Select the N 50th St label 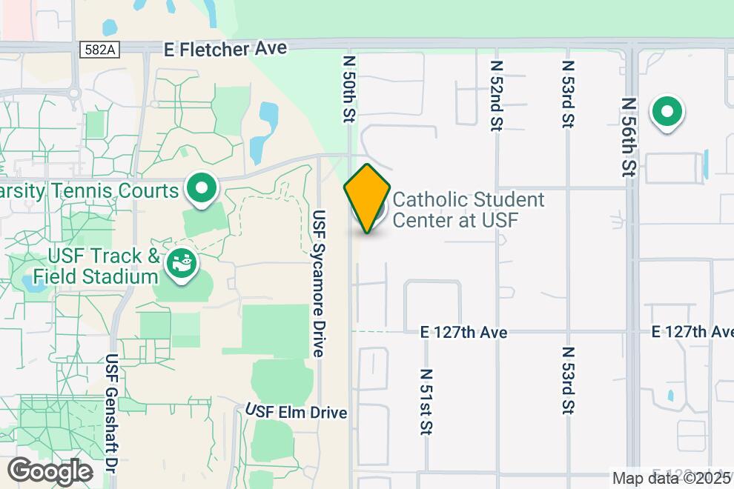pyautogui.click(x=350, y=87)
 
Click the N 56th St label pyautogui.click(x=629, y=138)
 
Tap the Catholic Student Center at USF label pyautogui.click(x=468, y=210)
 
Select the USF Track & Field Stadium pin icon pyautogui.click(x=179, y=264)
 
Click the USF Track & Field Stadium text pyautogui.click(x=103, y=267)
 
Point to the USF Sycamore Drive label pyautogui.click(x=319, y=284)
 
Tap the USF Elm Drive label pyautogui.click(x=297, y=412)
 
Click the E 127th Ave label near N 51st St pyautogui.click(x=463, y=333)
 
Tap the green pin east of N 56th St pyautogui.click(x=667, y=113)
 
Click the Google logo pyautogui.click(x=50, y=472)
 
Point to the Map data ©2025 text pyautogui.click(x=671, y=479)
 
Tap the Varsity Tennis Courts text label pyautogui.click(x=90, y=191)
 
